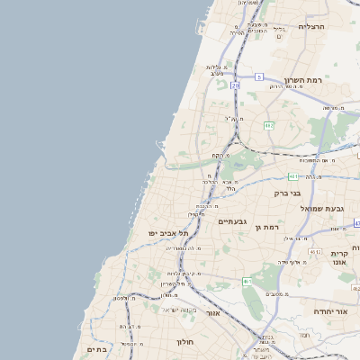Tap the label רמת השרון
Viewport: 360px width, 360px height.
(x=302, y=81)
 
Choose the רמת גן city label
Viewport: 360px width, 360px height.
(x=267, y=228)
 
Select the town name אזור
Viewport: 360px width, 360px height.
(x=213, y=312)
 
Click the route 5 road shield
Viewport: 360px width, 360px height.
(x=259, y=77)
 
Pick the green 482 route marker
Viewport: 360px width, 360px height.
(x=268, y=125)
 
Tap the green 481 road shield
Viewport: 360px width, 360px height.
(x=293, y=175)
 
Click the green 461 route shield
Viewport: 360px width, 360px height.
(x=247, y=282)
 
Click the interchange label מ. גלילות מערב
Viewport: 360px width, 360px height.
(x=215, y=71)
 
